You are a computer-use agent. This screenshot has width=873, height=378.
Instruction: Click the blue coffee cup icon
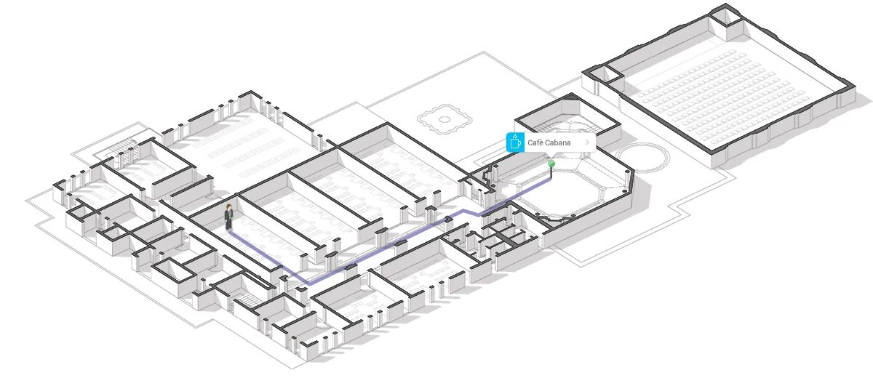pos(515,142)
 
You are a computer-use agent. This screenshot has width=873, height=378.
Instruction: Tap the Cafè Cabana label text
pos(549,143)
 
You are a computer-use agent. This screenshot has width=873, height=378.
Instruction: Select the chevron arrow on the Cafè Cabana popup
pos(587,142)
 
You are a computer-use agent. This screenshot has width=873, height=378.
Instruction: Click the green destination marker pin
pos(551,164)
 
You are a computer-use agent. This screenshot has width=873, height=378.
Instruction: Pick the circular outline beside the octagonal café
pos(642,156)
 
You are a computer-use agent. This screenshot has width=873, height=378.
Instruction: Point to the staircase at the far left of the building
pos(121,151)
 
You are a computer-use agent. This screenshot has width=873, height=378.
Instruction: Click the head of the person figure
pos(228,207)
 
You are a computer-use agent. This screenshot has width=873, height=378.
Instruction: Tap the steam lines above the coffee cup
pos(515,136)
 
